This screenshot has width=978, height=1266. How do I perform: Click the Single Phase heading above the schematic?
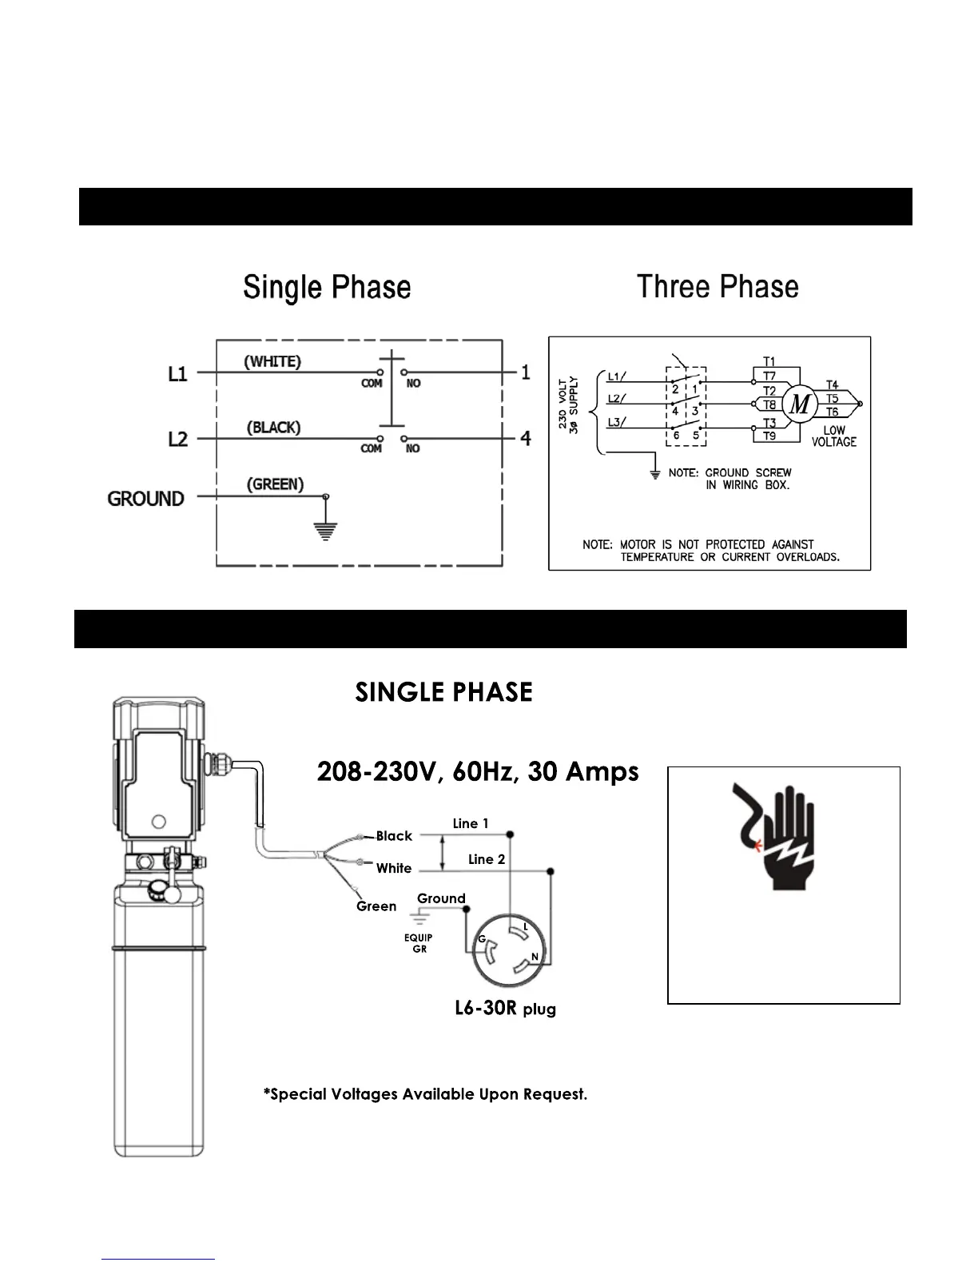pyautogui.click(x=327, y=288)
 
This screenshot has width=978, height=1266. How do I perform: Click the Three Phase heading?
pyautogui.click(x=718, y=287)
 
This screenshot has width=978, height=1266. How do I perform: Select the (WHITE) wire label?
pyautogui.click(x=272, y=361)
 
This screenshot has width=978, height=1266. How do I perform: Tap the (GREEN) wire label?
pyautogui.click(x=275, y=484)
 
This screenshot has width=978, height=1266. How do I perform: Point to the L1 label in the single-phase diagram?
pyautogui.click(x=177, y=373)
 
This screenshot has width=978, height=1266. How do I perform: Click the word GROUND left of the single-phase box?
pyautogui.click(x=145, y=499)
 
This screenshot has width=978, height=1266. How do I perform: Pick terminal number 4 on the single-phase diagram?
pyautogui.click(x=526, y=438)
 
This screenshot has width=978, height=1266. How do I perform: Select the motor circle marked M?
pyautogui.click(x=799, y=404)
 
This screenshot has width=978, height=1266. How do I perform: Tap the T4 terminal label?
pyautogui.click(x=832, y=385)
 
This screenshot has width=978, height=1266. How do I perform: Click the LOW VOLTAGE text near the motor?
pyautogui.click(x=833, y=436)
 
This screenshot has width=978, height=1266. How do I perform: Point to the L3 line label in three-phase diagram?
pyautogui.click(x=616, y=421)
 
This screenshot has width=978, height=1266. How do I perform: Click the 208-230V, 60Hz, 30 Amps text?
pyautogui.click(x=478, y=772)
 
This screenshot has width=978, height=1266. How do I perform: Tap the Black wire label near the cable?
pyautogui.click(x=394, y=836)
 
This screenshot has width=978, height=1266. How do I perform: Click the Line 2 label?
pyautogui.click(x=487, y=859)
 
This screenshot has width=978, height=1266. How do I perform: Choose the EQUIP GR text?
pyautogui.click(x=419, y=943)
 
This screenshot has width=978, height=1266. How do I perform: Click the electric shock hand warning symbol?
pyautogui.click(x=773, y=836)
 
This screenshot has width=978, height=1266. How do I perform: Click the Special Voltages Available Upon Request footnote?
pyautogui.click(x=425, y=1094)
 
